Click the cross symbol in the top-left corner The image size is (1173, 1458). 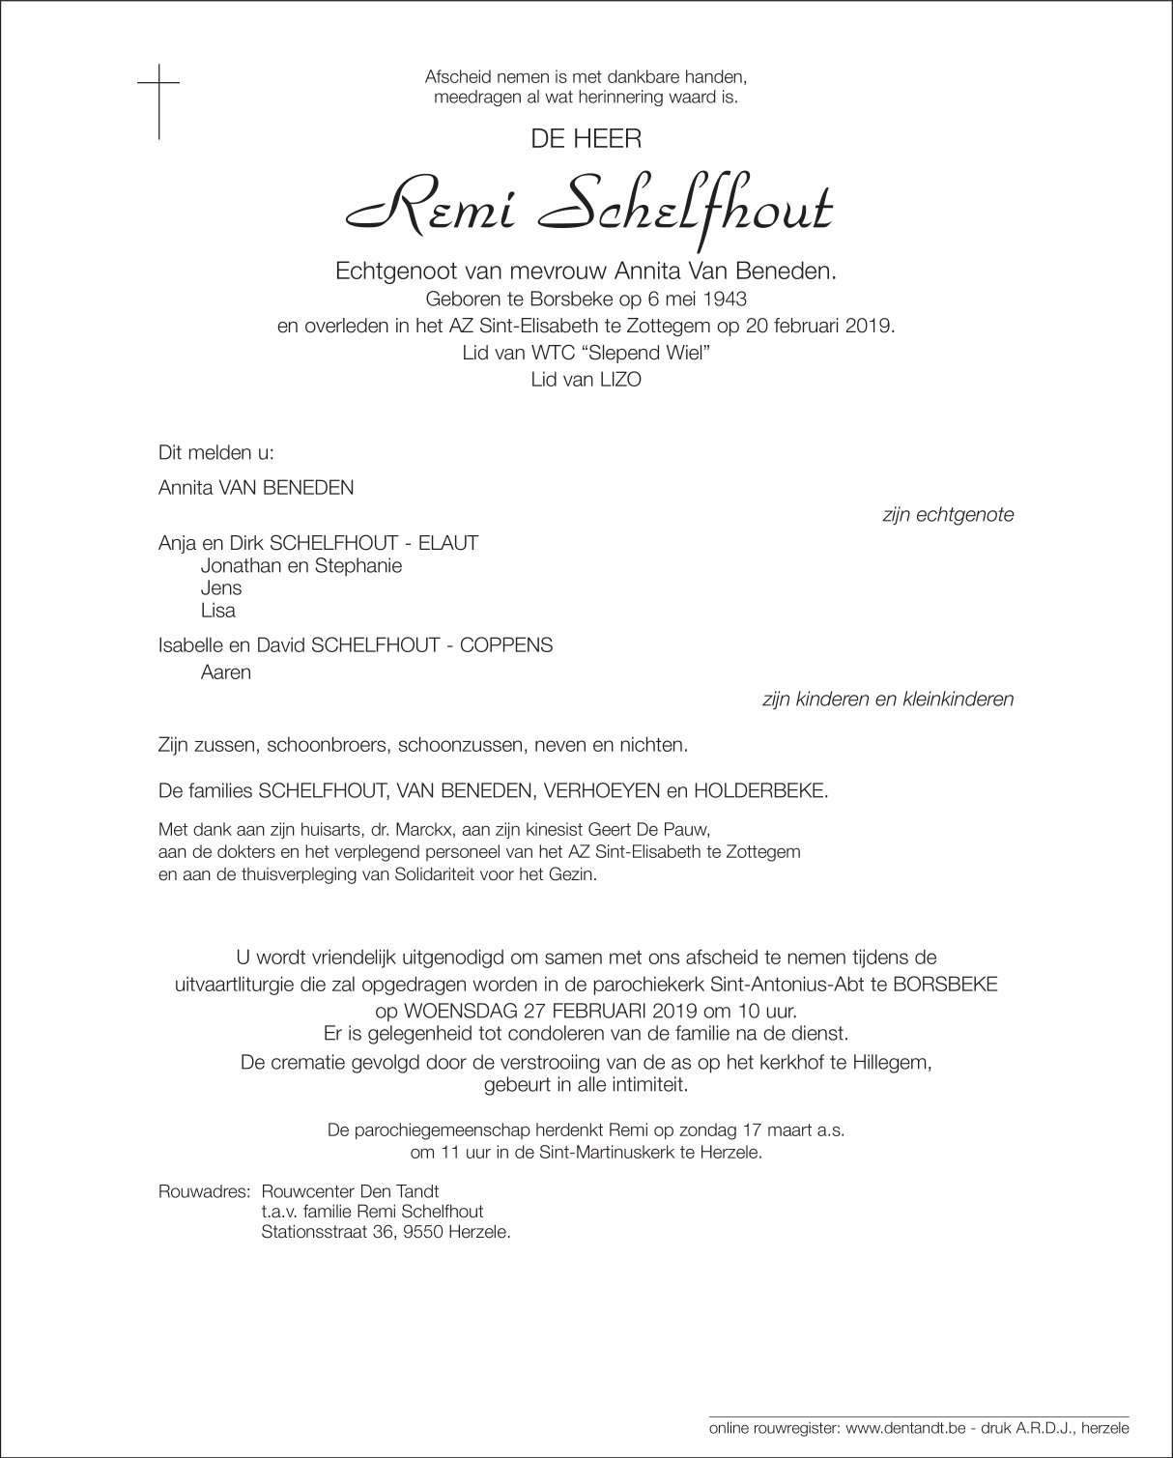pyautogui.click(x=158, y=100)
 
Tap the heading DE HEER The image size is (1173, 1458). pyautogui.click(x=586, y=139)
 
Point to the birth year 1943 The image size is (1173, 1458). pyautogui.click(x=726, y=300)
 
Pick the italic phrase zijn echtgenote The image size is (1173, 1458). pyautogui.click(x=948, y=515)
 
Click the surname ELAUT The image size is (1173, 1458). pyautogui.click(x=448, y=543)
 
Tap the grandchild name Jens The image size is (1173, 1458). pyautogui.click(x=221, y=587)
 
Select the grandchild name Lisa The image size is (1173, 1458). pyautogui.click(x=218, y=611)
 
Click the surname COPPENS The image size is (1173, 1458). pyautogui.click(x=509, y=645)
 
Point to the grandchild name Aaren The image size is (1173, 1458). pyautogui.click(x=226, y=673)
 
